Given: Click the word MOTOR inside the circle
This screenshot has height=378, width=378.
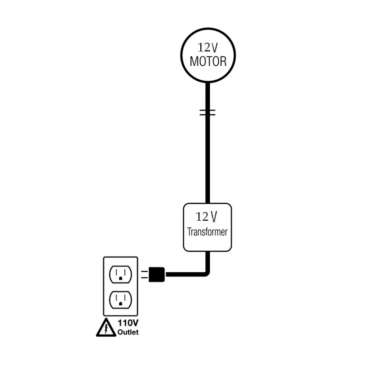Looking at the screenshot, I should (x=208, y=61).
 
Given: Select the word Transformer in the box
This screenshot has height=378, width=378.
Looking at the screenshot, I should (x=207, y=232).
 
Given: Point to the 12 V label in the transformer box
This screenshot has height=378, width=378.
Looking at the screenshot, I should (x=207, y=217).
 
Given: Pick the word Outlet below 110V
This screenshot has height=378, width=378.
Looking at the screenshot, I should (x=128, y=332).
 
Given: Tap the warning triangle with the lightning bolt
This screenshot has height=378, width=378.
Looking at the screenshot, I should (x=106, y=327).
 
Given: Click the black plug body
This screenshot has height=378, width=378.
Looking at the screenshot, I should (x=156, y=274).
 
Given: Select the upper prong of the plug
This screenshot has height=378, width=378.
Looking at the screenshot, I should (x=144, y=271).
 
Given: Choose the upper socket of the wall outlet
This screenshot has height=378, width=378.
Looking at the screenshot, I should (x=120, y=274).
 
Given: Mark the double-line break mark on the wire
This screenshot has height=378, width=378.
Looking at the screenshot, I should (x=207, y=112).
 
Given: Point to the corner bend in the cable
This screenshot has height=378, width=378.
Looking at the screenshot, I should (x=206, y=273).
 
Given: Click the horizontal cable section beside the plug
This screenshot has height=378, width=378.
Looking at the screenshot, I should (x=184, y=274).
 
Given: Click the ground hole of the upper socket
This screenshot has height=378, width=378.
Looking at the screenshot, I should (x=121, y=278).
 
